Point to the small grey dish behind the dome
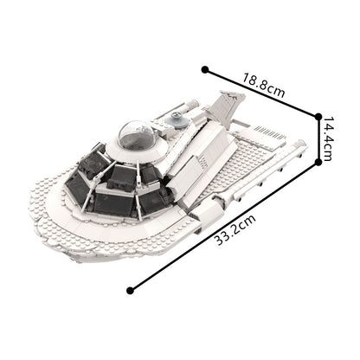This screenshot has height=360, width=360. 179,122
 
